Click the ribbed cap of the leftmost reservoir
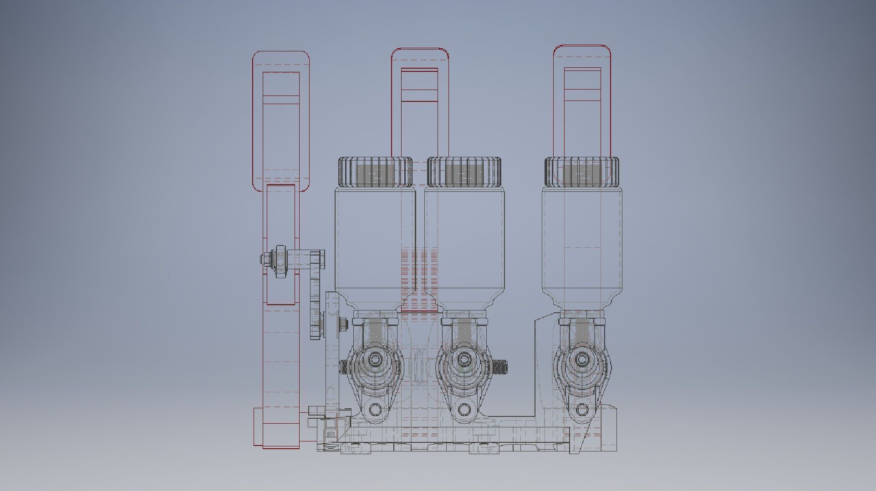pos(375,172)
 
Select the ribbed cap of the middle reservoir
pos(464,172)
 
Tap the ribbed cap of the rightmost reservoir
pos(582,172)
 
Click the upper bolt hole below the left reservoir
pos(375,360)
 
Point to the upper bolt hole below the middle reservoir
pos(464,360)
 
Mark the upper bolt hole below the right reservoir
pos(581,360)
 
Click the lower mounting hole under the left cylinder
pos(375,410)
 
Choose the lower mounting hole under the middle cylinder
pos(464,410)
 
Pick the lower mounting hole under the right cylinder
pos(582,410)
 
